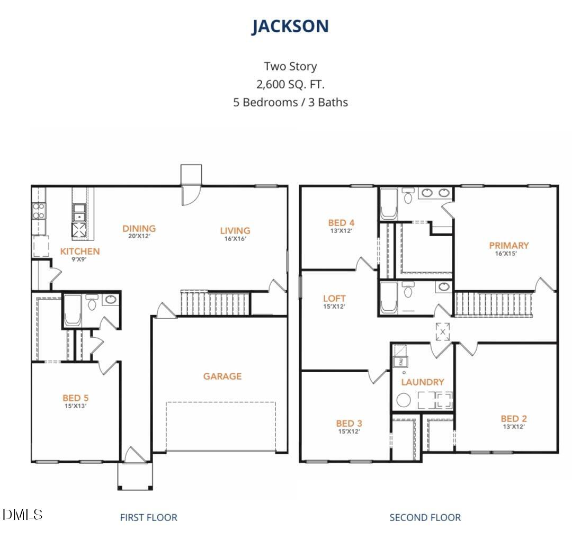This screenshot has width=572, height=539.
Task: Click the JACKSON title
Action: click(x=290, y=26)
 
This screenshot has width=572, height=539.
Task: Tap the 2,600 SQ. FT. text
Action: click(x=290, y=84)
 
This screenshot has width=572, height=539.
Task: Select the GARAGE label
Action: click(x=222, y=376)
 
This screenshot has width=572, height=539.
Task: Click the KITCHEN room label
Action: click(x=80, y=251)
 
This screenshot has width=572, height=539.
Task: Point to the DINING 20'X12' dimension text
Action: click(x=139, y=236)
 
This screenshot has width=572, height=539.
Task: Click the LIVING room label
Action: click(x=235, y=230)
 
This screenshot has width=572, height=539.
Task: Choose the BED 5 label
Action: click(x=76, y=398)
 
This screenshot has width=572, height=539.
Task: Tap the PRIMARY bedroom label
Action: click(x=509, y=246)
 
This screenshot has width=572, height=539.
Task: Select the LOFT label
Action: click(x=334, y=298)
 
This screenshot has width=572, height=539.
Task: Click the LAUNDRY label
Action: click(x=423, y=382)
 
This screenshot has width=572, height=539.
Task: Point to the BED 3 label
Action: click(x=349, y=424)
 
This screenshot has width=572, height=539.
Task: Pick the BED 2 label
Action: click(x=514, y=419)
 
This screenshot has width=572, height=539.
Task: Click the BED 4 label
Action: click(x=341, y=222)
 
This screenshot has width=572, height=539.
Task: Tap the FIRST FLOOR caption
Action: click(x=148, y=517)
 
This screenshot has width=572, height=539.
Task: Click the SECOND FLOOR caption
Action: click(x=425, y=517)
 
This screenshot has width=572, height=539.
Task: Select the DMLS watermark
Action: click(x=23, y=515)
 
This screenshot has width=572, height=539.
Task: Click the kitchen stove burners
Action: click(x=39, y=211)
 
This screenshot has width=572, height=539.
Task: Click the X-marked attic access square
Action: click(x=442, y=332)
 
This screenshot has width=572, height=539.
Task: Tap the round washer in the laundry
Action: click(x=404, y=400)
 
